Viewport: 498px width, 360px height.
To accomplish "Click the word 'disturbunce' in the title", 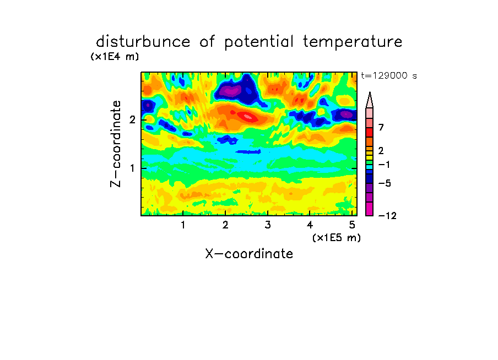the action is tap(143, 42).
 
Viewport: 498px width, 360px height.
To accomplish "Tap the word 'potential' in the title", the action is tap(258, 42).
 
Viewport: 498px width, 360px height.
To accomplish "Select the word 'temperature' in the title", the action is tap(352, 42).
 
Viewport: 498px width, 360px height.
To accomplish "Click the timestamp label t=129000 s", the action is tap(389, 75).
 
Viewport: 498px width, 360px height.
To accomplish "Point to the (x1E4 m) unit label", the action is tap(115, 57).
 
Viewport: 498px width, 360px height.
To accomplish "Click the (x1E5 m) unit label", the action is tap(337, 237).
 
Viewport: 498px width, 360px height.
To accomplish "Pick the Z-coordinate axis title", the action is tap(116, 144).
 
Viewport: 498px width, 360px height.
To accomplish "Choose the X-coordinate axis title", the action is tap(249, 254).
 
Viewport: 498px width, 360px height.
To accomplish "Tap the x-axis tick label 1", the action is tap(183, 225).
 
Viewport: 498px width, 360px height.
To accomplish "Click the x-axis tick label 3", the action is tap(268, 225).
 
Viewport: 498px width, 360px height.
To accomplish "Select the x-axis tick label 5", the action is tap(352, 225).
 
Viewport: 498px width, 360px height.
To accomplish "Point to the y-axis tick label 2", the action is tap(132, 120).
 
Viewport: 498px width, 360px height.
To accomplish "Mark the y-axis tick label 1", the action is tap(132, 168).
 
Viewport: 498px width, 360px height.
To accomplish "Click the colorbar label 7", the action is tap(381, 128).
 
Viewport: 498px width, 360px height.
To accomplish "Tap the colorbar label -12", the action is tap(387, 216).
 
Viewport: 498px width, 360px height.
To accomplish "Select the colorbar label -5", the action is tap(385, 183).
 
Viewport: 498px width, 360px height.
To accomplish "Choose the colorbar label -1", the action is tap(384, 165).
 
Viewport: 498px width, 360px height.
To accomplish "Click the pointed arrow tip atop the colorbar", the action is tap(370, 92).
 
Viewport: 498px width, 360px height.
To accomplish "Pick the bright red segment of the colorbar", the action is tap(370, 132).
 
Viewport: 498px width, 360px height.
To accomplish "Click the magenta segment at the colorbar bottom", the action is tap(370, 209).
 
